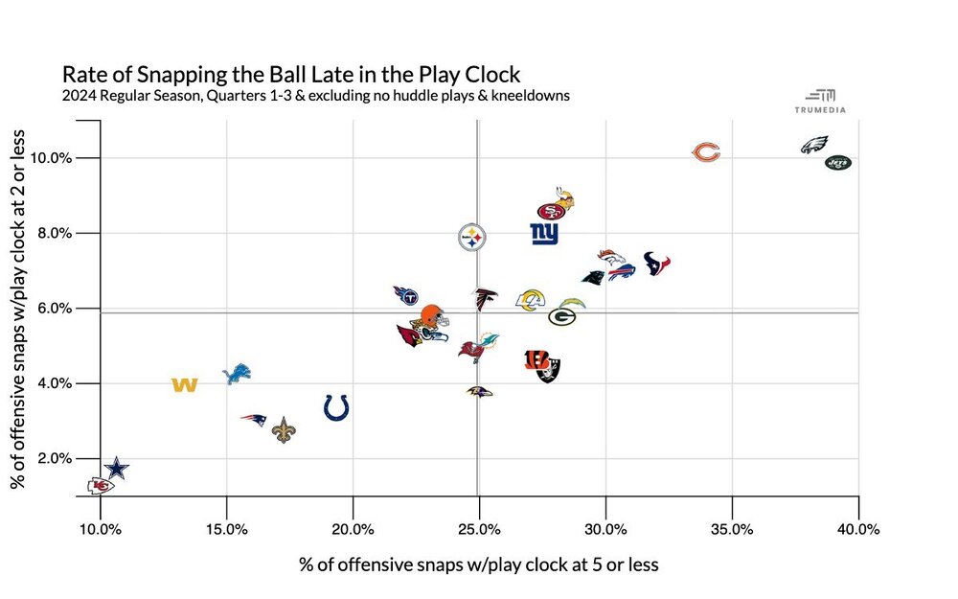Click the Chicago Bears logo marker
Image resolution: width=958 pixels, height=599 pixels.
[706, 152]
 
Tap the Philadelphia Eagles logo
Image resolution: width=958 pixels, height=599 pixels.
[814, 146]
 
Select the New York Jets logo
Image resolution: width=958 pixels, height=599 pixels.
[838, 163]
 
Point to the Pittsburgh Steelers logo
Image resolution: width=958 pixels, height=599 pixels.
[472, 236]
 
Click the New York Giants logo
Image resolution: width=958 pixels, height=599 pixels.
[544, 233]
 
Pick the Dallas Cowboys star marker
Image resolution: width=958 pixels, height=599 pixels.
[116, 469]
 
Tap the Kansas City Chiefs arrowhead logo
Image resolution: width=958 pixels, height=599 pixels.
[100, 486]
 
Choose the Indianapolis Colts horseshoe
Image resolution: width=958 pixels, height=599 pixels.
[335, 407]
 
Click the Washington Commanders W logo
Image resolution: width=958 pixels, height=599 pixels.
[184, 385]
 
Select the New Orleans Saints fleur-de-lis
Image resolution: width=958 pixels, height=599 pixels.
[284, 430]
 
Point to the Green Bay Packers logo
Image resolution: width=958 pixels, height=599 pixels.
[561, 316]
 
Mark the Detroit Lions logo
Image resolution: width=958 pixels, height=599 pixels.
[236, 374]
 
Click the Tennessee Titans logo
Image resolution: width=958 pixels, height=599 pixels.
[406, 294]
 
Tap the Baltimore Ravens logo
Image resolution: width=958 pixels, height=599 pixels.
[479, 392]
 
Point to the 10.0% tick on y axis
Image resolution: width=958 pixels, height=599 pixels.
[68, 157]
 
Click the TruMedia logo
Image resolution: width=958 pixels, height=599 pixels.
[820, 100]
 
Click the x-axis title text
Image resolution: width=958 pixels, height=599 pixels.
[479, 564]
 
